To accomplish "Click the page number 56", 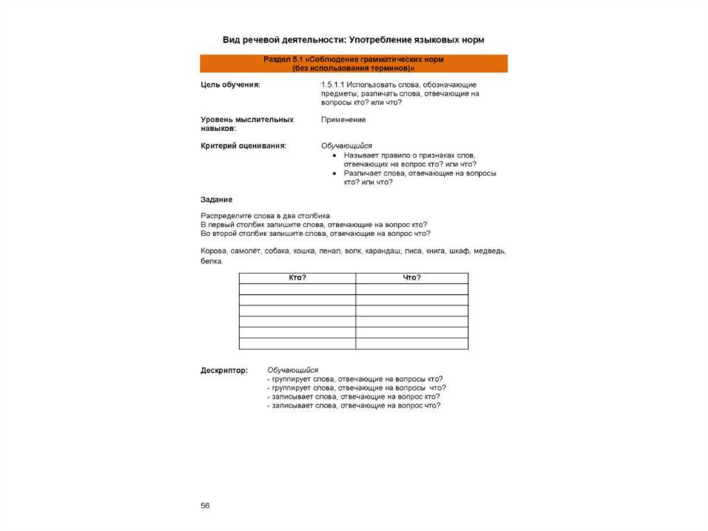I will tap(205, 506).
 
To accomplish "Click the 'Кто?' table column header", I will tap(297, 278).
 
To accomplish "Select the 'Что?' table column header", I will tap(411, 278).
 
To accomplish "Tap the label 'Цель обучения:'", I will tap(230, 84).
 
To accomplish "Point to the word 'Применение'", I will tap(343, 119).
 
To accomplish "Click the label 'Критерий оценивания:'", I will tap(243, 146).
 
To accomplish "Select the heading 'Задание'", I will tap(216, 199).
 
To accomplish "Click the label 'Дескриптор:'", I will tap(224, 370).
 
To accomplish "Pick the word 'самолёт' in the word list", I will tap(245, 251).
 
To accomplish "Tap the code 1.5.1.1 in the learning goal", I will tap(333, 84).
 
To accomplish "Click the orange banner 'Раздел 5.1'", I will tap(353, 64).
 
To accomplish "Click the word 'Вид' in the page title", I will tap(230, 40).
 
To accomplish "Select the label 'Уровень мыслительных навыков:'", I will tap(247, 124).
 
